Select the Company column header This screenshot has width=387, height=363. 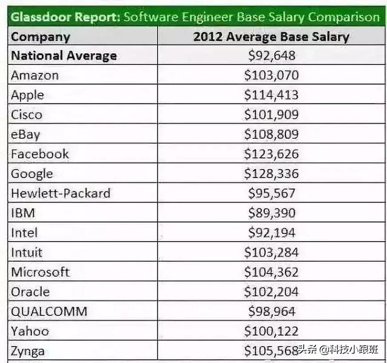click(x=41, y=36)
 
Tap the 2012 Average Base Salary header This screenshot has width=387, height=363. click(x=271, y=36)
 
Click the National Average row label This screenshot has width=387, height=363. click(x=64, y=56)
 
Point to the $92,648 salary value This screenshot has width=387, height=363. click(x=272, y=56)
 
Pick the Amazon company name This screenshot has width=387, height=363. click(x=35, y=76)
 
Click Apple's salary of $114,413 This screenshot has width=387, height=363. click(x=272, y=95)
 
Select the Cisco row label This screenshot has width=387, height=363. click(x=27, y=115)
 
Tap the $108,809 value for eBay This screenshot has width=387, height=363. click(x=272, y=135)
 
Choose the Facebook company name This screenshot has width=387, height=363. click(x=40, y=154)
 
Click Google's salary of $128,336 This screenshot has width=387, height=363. click(x=272, y=174)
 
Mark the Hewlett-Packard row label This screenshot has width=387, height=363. click(x=60, y=193)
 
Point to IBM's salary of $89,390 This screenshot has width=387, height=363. click(x=272, y=213)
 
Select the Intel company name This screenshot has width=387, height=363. click(x=24, y=233)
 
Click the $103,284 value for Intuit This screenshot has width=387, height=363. click(x=272, y=252)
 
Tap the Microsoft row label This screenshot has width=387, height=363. click(x=41, y=272)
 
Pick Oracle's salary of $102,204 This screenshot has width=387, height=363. click(x=272, y=291)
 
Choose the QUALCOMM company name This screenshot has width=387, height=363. click(x=49, y=311)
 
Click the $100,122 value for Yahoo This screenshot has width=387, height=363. click(x=272, y=331)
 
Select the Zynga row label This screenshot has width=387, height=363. click(x=28, y=351)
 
